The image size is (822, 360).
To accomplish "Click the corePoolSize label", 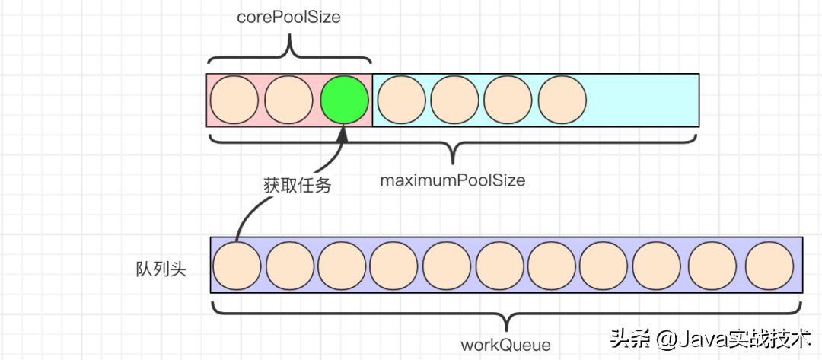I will (x=288, y=18).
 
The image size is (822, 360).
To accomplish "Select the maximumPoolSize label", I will (x=453, y=180).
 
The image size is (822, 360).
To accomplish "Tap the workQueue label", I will (x=505, y=344).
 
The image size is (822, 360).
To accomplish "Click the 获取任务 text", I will (x=297, y=184).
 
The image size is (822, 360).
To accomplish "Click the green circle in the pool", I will (x=344, y=100).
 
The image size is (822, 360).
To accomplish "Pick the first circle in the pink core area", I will (x=234, y=100).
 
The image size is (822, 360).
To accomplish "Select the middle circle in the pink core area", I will (x=289, y=100).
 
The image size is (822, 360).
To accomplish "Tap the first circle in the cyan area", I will (x=400, y=100).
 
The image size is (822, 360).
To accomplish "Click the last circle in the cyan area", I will (x=562, y=100).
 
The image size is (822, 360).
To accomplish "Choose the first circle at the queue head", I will (x=237, y=266).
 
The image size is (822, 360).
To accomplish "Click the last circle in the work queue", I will (x=769, y=266).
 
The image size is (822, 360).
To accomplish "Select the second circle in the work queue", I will (x=289, y=266).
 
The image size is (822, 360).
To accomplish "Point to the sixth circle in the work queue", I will (x=500, y=266).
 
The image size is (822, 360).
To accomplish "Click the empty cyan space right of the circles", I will (x=643, y=100).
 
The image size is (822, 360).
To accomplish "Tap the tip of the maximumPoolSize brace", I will (x=453, y=162).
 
